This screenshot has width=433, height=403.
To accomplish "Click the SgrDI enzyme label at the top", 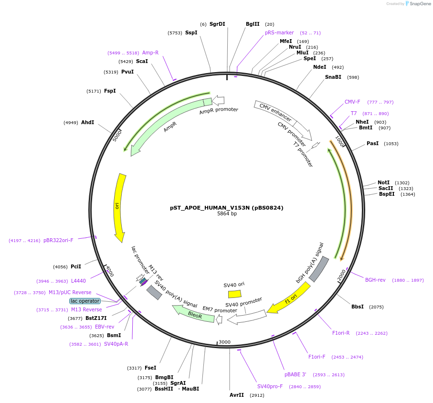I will [217, 24].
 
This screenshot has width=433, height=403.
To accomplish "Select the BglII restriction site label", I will [253, 24].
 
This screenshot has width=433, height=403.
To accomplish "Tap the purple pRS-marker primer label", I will [279, 33].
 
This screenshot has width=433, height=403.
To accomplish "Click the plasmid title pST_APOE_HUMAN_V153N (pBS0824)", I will [227, 208].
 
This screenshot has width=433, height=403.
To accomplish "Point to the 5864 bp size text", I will [227, 214].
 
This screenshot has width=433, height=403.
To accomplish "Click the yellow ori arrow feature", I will [118, 208].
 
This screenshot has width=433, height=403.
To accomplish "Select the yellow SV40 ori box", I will [234, 294].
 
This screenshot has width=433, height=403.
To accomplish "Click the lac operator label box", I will [85, 301].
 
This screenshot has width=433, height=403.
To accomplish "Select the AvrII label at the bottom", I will [237, 395].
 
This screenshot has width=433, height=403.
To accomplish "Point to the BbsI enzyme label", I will [358, 307].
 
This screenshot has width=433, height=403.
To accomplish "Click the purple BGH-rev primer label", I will [375, 280].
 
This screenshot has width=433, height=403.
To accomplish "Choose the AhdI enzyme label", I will [87, 122].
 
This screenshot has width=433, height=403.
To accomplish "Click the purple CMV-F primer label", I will [352, 102].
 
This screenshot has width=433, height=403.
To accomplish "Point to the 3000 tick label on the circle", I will [224, 342].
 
